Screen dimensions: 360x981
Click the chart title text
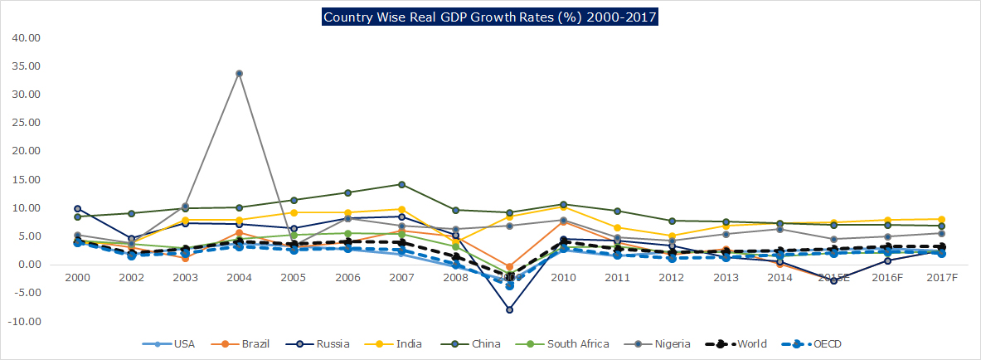[489, 17]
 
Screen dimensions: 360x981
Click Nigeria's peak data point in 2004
[239, 73]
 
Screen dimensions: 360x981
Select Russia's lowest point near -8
[509, 309]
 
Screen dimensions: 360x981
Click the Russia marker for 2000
[77, 209]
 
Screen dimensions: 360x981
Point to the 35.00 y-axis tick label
[27, 66]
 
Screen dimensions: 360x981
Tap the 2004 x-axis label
[239, 276]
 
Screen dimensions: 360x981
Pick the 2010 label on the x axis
[563, 276]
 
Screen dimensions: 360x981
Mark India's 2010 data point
[563, 206]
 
